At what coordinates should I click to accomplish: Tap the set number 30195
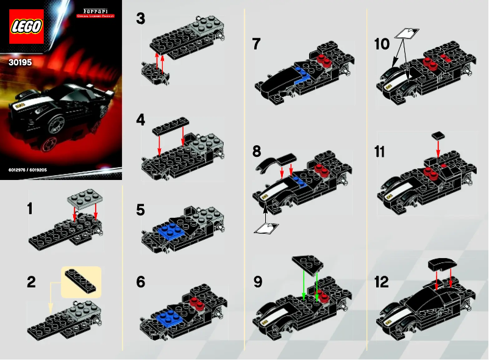pos(23,62)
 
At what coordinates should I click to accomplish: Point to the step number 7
pos(257,44)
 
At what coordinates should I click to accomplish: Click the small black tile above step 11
pos(437,133)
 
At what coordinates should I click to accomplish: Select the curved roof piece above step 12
pos(443,264)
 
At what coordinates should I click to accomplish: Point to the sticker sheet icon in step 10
pos(408,34)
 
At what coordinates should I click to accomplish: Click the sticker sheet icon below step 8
pos(266,228)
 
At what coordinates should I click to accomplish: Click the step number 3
pos(141,20)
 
